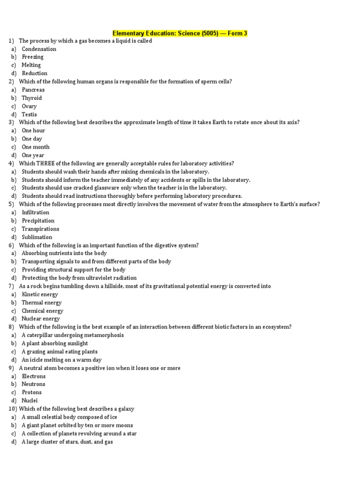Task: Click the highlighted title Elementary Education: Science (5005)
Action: point(180,33)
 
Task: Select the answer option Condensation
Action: point(39,49)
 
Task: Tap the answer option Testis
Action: point(29,114)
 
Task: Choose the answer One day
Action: point(32,139)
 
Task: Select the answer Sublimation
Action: point(37,237)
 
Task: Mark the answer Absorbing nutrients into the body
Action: point(64,253)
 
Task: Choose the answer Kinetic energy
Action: point(40,294)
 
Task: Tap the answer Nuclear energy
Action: point(41,319)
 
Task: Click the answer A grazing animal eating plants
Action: point(60,352)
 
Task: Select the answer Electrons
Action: point(34,376)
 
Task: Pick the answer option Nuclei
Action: point(30,401)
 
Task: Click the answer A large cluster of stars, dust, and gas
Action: point(67,442)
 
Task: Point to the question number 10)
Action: point(13,409)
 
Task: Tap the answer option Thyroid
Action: point(32,98)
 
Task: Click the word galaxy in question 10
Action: point(125,409)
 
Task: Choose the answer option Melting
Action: point(31,65)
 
